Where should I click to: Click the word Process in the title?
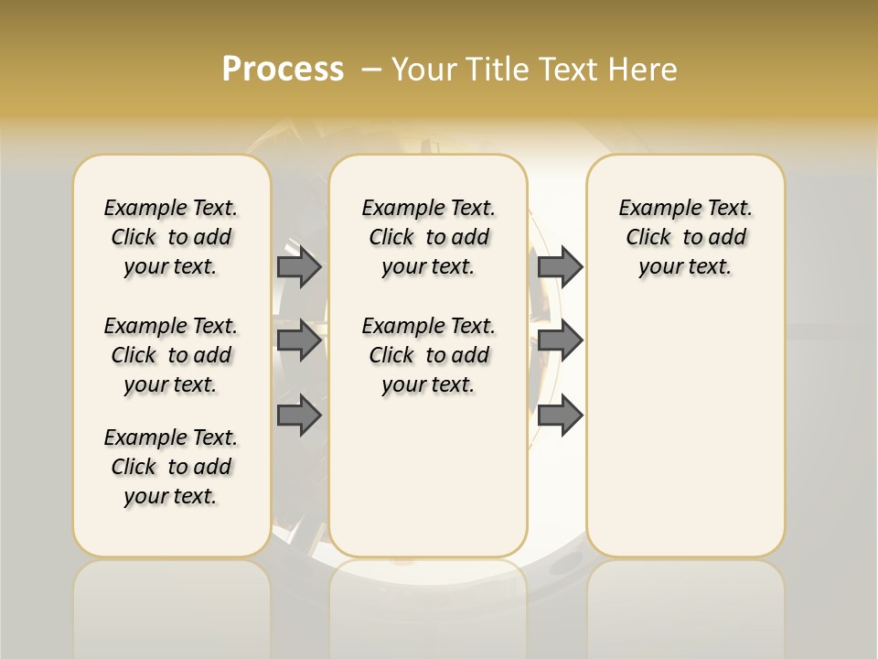pyautogui.click(x=283, y=69)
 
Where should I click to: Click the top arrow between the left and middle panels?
pyautogui.click(x=299, y=266)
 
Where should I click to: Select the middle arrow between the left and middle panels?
pyautogui.click(x=299, y=340)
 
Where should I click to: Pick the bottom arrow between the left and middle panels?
pyautogui.click(x=299, y=416)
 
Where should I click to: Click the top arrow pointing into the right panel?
pyautogui.click(x=560, y=266)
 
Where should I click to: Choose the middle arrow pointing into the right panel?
pyautogui.click(x=560, y=340)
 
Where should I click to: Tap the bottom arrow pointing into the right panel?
pyautogui.click(x=560, y=416)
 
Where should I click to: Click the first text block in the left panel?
pyautogui.click(x=171, y=237)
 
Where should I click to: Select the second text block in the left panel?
pyautogui.click(x=171, y=355)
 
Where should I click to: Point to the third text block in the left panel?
pyautogui.click(x=171, y=467)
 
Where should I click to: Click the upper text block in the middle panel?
pyautogui.click(x=428, y=237)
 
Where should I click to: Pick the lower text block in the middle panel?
pyautogui.click(x=428, y=355)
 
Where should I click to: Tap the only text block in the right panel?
pyautogui.click(x=685, y=237)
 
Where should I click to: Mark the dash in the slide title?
pyautogui.click(x=371, y=70)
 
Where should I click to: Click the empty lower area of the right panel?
pyautogui.click(x=685, y=430)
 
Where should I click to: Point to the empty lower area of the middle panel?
pyautogui.click(x=428, y=476)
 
